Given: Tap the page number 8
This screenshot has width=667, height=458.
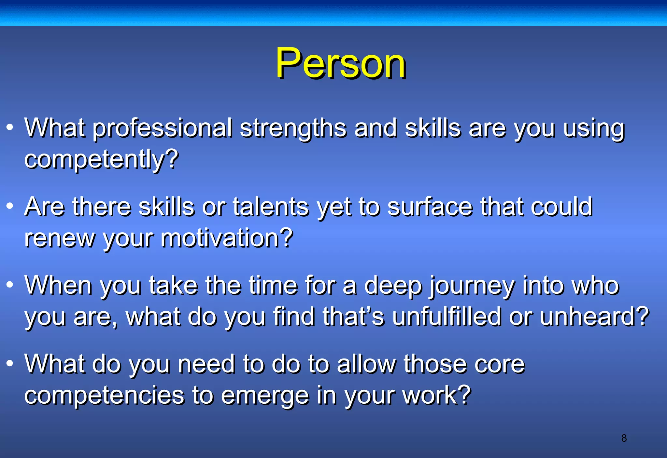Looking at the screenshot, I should [624, 438].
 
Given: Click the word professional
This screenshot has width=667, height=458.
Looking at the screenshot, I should [163, 128].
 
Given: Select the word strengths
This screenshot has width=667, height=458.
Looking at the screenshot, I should [293, 128].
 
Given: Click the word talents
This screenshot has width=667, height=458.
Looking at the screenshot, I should [271, 207].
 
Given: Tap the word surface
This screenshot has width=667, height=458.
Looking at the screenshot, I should [430, 207].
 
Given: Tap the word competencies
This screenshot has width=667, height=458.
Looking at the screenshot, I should [104, 395].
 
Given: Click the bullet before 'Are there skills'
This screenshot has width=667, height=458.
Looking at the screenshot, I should [10, 206].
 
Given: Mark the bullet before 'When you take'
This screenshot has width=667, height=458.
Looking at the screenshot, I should [10, 284].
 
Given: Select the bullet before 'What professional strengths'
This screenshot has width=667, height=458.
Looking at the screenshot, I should [10, 127].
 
